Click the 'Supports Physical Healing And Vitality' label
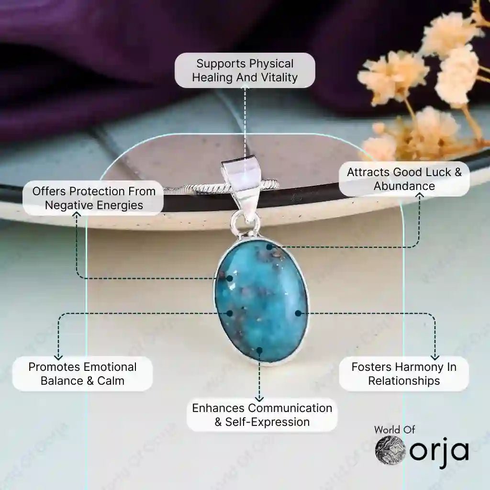point(245,70)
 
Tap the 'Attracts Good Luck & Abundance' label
point(404,179)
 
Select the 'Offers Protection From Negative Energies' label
point(94,198)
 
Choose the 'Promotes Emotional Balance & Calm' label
point(82,374)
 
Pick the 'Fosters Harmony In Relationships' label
point(404,374)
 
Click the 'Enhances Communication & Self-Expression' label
point(262,415)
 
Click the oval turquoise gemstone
point(261,301)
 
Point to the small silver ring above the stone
point(245,223)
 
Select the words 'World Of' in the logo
point(394,429)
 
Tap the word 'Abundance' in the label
point(404,186)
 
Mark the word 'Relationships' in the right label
point(404,381)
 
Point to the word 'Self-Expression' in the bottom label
point(267,422)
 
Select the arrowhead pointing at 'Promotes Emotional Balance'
point(59,356)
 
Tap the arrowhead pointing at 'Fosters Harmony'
point(435,356)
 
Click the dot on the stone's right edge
point(298,313)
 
